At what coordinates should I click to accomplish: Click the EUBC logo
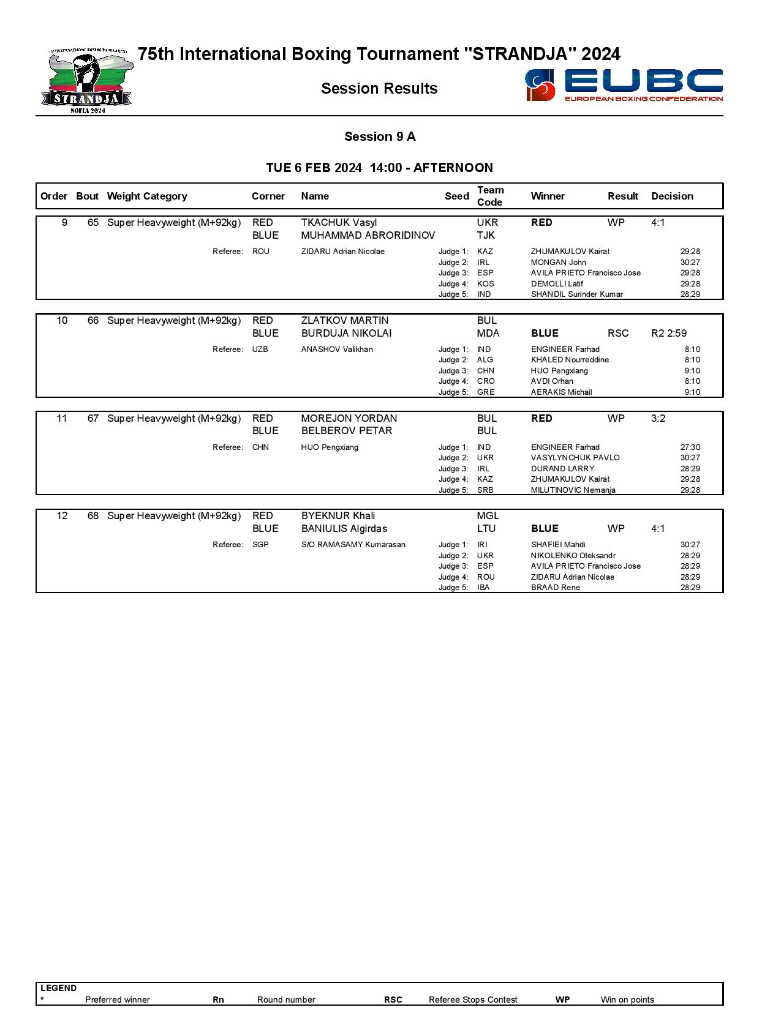pos(624,85)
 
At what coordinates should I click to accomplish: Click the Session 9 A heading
pos(380,137)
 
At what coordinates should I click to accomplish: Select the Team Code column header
pos(490,196)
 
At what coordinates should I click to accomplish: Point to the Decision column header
pos(672,196)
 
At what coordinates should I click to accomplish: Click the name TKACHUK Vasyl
pos(339,223)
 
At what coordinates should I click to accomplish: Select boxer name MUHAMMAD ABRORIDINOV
pos(368,236)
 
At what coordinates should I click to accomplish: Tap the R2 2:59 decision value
pos(668,334)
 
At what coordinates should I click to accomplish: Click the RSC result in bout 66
pos(618,334)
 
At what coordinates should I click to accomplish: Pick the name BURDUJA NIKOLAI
pos(346,334)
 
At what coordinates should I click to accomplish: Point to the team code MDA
pos(488,334)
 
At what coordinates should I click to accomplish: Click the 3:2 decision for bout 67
pos(658,419)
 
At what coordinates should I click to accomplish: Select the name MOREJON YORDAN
pos(349,419)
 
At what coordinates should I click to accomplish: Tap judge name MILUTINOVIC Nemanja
pos(573,490)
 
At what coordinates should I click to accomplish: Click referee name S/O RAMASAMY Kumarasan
pos(353,545)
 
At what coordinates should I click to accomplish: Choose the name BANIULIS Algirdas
pos(344,529)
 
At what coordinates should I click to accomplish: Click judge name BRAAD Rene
pos(555,588)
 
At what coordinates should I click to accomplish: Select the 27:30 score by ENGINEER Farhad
pos(690,447)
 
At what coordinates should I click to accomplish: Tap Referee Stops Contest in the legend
pos(473,1000)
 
